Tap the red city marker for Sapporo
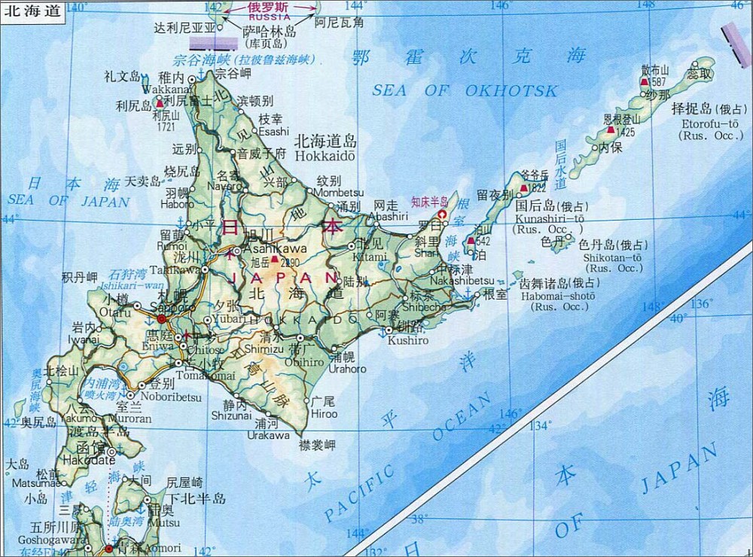(161, 318)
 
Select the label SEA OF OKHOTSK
(465, 90)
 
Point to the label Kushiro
(407, 341)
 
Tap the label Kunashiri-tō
(549, 218)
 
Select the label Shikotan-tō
(612, 257)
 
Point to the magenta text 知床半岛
(429, 202)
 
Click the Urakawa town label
(270, 435)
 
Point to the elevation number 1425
(625, 132)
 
